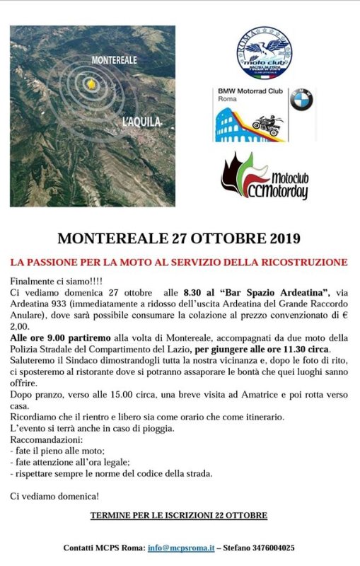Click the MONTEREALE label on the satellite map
(114, 60)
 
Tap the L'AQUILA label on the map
(142, 122)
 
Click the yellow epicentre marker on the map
(91, 83)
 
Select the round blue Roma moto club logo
(265, 53)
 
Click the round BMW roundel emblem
(301, 100)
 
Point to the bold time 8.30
(194, 292)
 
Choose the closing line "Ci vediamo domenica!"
(54, 497)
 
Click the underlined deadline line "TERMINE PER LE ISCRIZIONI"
(178, 515)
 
